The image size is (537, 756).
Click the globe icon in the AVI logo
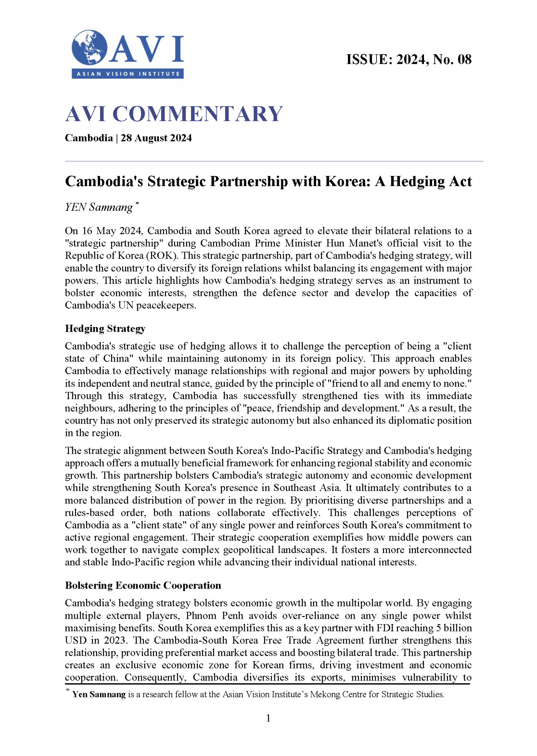[x=89, y=48]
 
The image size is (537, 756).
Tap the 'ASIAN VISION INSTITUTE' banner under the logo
[x=128, y=74]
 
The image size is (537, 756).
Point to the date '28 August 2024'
[x=156, y=138]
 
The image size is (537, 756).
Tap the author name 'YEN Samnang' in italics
[x=99, y=207]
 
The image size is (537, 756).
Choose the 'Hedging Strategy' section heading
[x=105, y=329]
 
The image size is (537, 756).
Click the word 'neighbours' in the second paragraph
[x=85, y=409]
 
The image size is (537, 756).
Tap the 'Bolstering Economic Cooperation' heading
[x=143, y=585]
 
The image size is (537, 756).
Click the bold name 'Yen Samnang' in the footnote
[x=99, y=694]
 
